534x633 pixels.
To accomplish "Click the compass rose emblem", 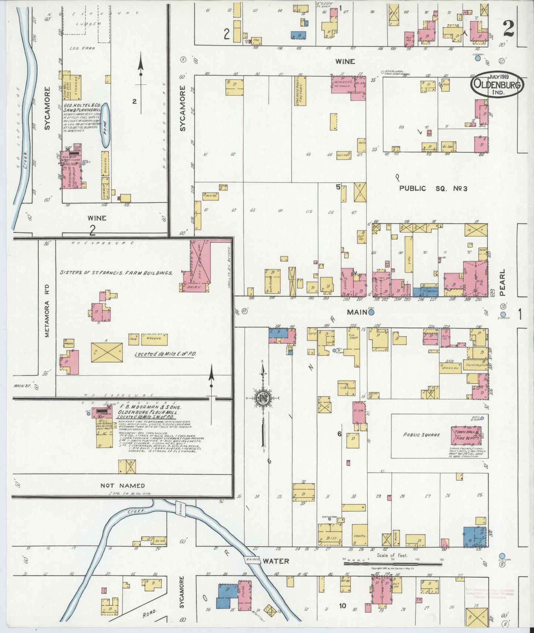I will coord(262,398).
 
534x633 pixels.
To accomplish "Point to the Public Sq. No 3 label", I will coord(433,188).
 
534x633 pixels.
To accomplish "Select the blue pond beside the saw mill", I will coord(105,126).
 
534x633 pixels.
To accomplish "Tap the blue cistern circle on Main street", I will coord(371,312).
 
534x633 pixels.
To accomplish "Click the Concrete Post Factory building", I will coord(300,91).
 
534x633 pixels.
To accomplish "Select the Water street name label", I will coord(276,561).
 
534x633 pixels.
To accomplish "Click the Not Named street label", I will coord(123,486).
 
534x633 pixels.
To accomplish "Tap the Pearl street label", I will coord(502,282).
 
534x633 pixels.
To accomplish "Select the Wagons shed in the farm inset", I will coord(154,339).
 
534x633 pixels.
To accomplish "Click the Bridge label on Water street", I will coord(251,560).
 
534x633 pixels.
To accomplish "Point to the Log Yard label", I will coord(82,48).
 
